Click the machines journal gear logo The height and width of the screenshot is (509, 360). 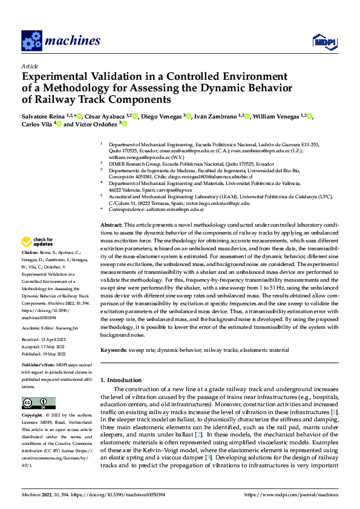tap(31, 41)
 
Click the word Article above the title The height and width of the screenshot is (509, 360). tap(30, 65)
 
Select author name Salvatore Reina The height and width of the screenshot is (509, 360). tap(44, 116)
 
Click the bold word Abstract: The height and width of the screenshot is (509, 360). tap(113, 225)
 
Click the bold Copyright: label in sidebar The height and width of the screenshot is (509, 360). tap(33, 417)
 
